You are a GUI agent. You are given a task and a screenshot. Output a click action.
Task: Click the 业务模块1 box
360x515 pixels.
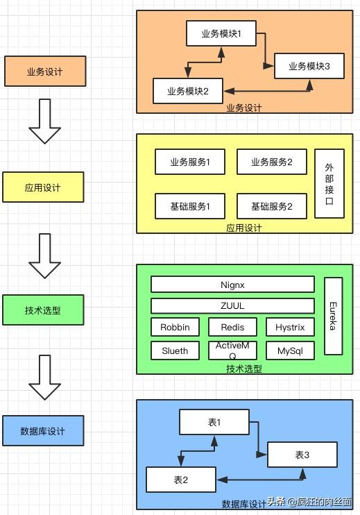tap(221, 33)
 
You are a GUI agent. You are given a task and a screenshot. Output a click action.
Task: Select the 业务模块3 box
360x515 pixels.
tap(309, 66)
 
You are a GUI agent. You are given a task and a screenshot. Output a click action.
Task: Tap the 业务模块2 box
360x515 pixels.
tap(188, 91)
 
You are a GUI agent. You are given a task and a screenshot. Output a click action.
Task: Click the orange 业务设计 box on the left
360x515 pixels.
tap(45, 71)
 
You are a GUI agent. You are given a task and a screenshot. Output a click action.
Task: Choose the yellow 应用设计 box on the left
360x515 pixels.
tap(43, 187)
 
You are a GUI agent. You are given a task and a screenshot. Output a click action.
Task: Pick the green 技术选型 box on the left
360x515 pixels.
tap(43, 310)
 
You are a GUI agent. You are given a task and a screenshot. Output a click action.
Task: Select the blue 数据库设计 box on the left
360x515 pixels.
tap(43, 430)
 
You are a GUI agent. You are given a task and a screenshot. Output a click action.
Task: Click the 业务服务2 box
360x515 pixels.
tap(272, 162)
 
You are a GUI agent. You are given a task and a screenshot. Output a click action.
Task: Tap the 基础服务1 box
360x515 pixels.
tap(190, 206)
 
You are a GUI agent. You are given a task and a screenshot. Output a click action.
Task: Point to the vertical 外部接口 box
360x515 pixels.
tap(329, 184)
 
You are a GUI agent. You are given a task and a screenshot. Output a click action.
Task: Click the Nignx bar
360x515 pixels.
tap(232, 285)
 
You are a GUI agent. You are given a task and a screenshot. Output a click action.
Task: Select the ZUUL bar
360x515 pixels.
tap(232, 306)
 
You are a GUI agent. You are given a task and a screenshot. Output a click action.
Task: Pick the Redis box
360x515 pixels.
tap(232, 327)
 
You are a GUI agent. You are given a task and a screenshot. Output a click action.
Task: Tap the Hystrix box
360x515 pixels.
tap(290, 327)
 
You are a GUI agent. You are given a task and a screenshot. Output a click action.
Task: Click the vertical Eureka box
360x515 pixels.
tap(334, 316)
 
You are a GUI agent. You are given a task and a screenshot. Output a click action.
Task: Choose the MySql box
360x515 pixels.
tap(290, 351)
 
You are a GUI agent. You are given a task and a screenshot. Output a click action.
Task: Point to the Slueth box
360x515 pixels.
tap(175, 351)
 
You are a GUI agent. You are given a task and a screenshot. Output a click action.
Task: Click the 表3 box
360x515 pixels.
tap(302, 455)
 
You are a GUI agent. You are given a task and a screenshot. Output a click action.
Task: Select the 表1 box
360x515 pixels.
tap(214, 422)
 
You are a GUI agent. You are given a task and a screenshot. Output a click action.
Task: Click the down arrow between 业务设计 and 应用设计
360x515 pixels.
tap(44, 121)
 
